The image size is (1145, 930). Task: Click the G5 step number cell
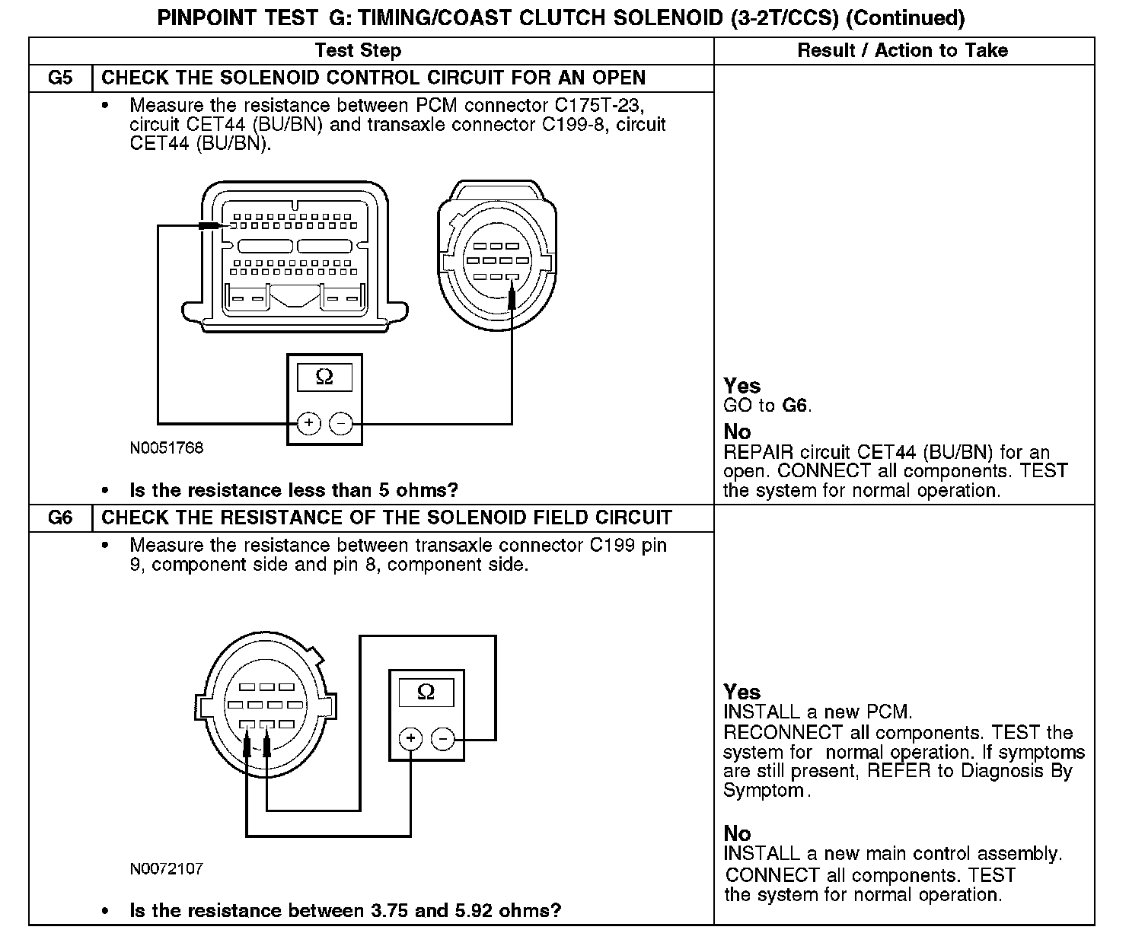[60, 78]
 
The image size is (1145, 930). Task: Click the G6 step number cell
[60, 518]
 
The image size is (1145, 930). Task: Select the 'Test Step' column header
[358, 51]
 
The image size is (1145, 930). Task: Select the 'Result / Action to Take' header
[902, 51]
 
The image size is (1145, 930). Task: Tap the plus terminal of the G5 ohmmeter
[308, 423]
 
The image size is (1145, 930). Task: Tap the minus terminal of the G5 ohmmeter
[341, 423]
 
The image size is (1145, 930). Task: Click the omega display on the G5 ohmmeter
[324, 377]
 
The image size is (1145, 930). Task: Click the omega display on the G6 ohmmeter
[426, 693]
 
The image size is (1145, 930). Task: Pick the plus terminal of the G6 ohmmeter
[410, 738]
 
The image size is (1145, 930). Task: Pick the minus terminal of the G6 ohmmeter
[443, 738]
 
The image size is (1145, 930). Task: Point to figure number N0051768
[167, 448]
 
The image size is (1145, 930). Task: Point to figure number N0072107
[167, 868]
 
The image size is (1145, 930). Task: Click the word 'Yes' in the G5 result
[742, 386]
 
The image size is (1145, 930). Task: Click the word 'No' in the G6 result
[737, 833]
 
